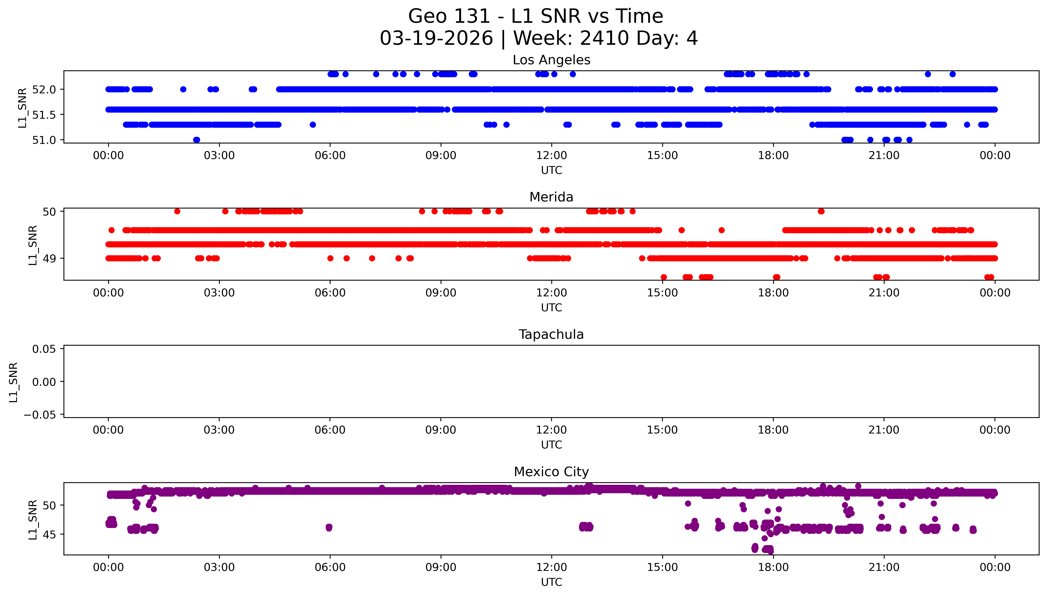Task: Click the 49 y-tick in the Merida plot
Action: [49, 258]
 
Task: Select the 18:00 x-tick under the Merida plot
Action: [773, 293]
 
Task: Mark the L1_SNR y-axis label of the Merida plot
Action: [33, 245]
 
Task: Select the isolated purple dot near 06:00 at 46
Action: [329, 527]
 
